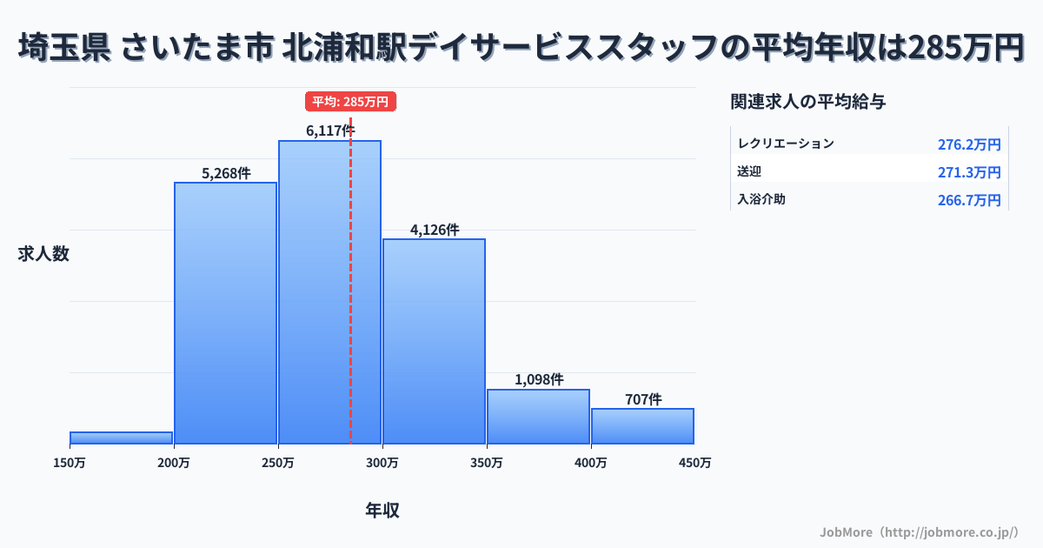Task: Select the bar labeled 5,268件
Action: (x=226, y=313)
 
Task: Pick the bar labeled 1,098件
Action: (x=538, y=417)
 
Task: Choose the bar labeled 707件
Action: (x=642, y=426)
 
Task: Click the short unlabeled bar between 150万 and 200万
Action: (x=122, y=438)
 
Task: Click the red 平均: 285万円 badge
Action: (x=350, y=102)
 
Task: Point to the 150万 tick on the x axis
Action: (x=70, y=463)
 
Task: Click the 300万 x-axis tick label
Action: (x=382, y=463)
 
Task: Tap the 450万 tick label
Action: (x=694, y=463)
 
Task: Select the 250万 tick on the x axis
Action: (x=278, y=463)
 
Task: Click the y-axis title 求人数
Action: (x=43, y=254)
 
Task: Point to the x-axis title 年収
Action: (x=382, y=511)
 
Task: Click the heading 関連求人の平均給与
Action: (x=808, y=102)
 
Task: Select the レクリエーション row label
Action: (x=786, y=144)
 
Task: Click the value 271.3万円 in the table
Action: (x=969, y=172)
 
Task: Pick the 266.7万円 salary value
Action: (x=969, y=200)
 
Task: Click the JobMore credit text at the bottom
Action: (x=919, y=531)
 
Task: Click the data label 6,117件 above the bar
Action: (x=330, y=130)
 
